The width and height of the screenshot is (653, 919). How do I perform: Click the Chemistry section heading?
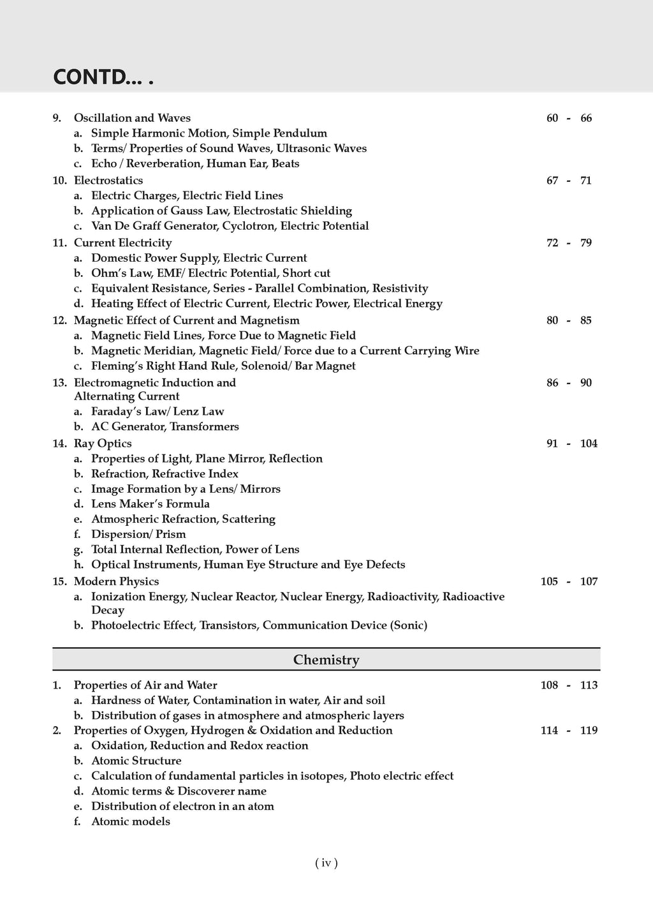tap(326, 660)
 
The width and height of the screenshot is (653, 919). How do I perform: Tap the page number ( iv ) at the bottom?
tap(326, 863)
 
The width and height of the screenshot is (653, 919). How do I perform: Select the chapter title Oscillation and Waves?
tap(132, 118)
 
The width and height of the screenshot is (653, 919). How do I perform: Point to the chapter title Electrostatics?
tap(108, 181)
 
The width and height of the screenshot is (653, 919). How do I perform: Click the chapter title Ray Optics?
tap(103, 444)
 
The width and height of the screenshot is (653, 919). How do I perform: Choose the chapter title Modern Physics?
tap(116, 581)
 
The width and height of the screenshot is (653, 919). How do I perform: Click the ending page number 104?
tap(589, 444)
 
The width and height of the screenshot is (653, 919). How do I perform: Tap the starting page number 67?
tap(552, 181)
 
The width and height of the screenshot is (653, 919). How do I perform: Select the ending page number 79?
tap(586, 243)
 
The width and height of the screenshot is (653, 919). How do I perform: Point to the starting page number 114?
tap(549, 731)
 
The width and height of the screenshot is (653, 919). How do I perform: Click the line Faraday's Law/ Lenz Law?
tap(158, 412)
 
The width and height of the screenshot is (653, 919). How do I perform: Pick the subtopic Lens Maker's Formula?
tap(150, 504)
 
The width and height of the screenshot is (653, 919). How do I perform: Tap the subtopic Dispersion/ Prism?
tap(138, 534)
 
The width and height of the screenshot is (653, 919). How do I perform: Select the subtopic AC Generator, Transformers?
tap(165, 427)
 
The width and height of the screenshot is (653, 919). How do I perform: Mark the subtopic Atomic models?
tap(131, 822)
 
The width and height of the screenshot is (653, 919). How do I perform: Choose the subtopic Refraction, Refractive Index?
tap(165, 474)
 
